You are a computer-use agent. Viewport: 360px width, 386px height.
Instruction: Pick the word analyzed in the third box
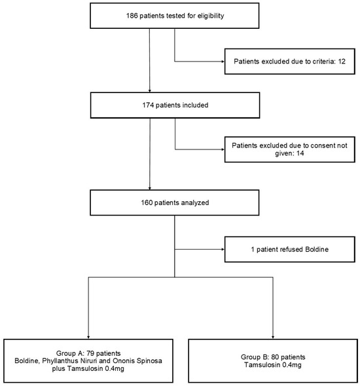pyautogui.click(x=191, y=203)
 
